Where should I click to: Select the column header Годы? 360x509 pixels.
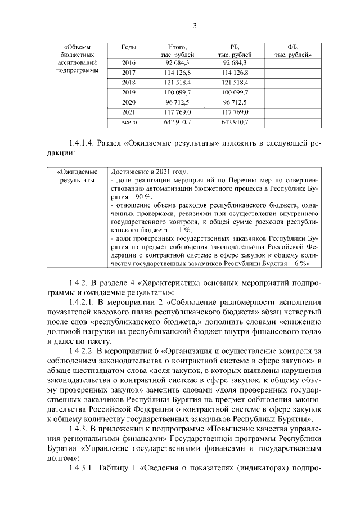point(129,47)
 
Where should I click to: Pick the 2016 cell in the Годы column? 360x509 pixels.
point(129,63)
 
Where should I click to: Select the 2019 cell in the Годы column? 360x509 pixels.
point(129,92)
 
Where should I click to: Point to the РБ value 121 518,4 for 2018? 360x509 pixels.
point(235,82)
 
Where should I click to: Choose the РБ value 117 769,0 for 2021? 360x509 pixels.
point(235,111)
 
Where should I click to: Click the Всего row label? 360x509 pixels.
point(129,121)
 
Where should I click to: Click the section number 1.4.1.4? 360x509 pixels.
point(78,143)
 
